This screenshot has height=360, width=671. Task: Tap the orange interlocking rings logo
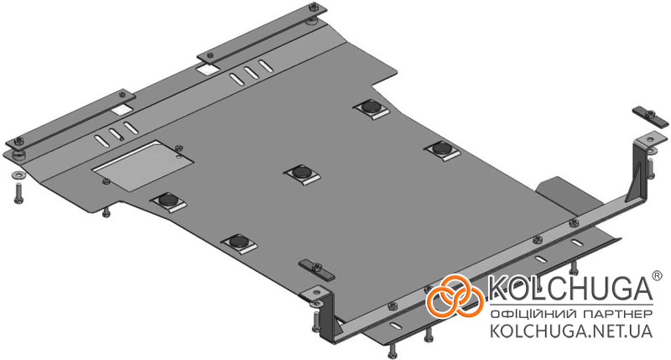pyautogui.click(x=455, y=295)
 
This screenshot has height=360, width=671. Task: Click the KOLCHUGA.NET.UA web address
pyautogui.click(x=571, y=331)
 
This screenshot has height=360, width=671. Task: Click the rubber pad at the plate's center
pyautogui.click(x=303, y=174)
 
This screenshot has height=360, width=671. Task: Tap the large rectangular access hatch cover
pyautogui.click(x=142, y=165)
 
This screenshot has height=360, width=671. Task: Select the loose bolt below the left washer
pyautogui.click(x=18, y=193)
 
